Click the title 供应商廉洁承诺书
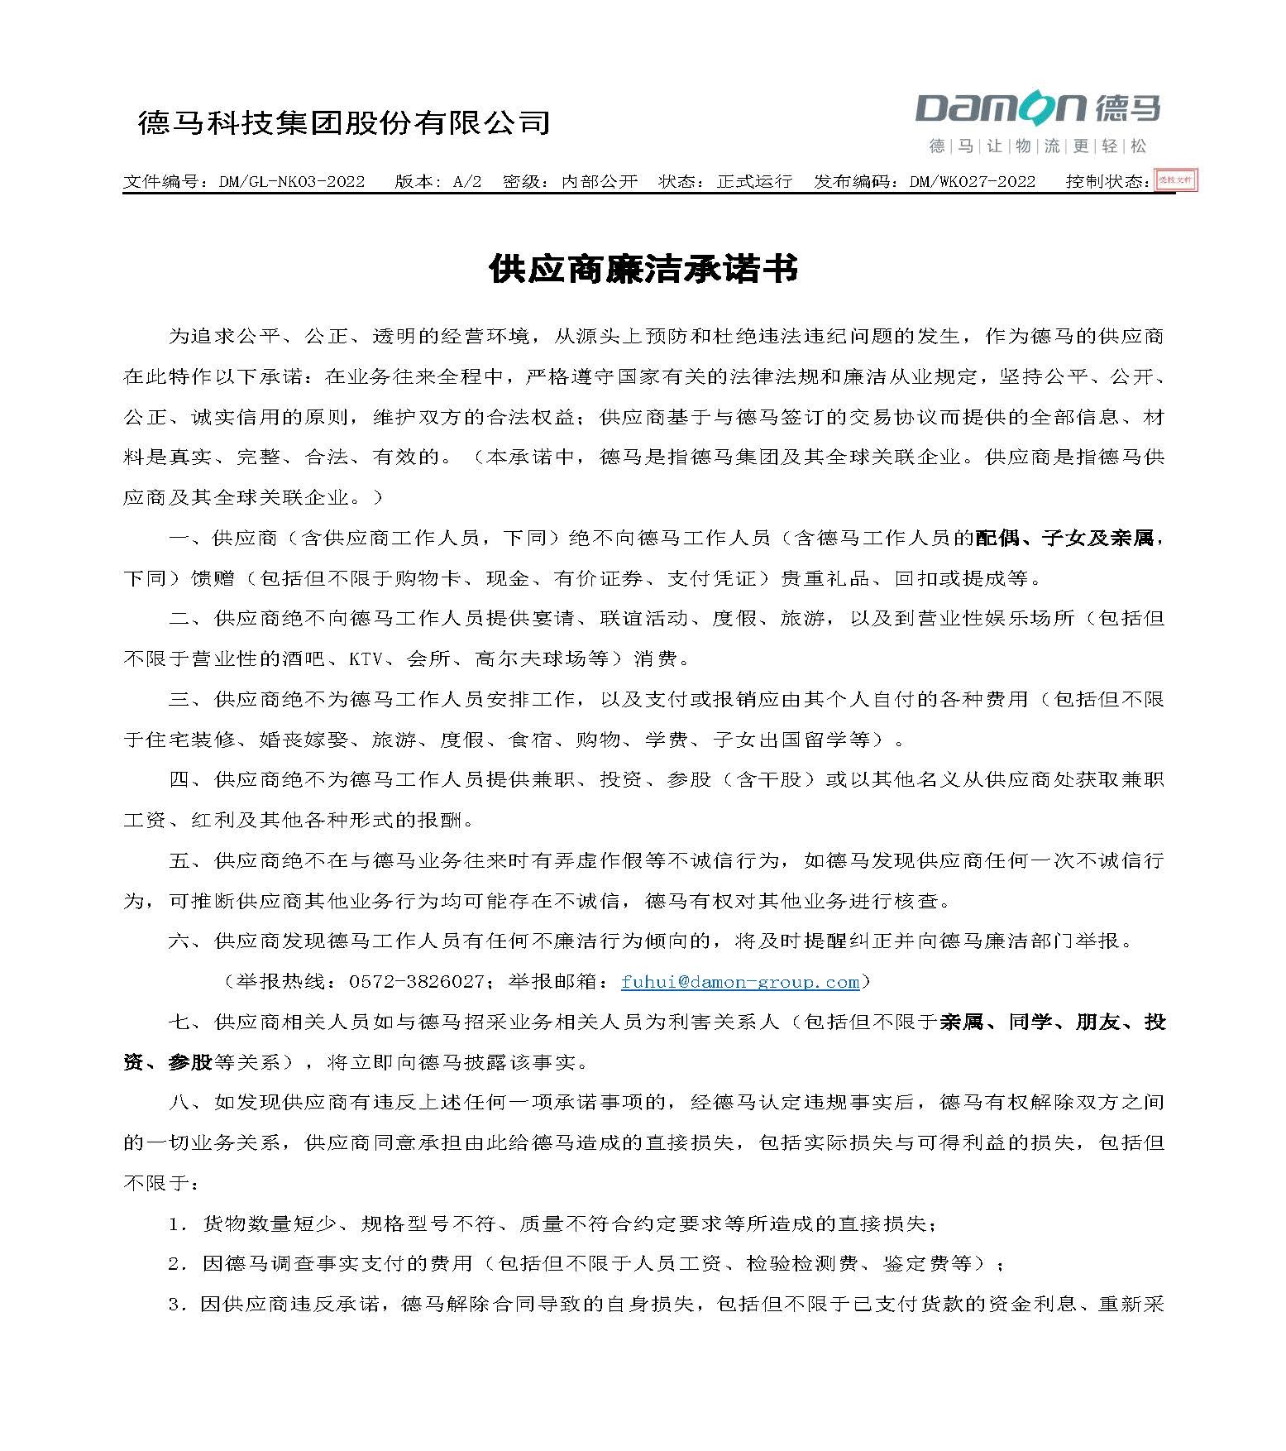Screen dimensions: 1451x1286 (643, 269)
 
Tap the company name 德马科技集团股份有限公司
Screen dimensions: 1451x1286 (343, 123)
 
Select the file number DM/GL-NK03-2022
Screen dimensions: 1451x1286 (292, 182)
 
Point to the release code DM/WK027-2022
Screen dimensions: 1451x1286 (972, 182)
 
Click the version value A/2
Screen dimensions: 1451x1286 (467, 182)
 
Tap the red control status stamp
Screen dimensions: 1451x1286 (1175, 180)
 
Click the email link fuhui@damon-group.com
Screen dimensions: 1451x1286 (739, 982)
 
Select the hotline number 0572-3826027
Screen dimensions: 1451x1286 (417, 982)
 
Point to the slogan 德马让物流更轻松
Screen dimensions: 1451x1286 (1037, 146)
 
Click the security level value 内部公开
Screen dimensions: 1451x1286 (600, 182)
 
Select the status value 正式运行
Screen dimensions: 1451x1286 (754, 182)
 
